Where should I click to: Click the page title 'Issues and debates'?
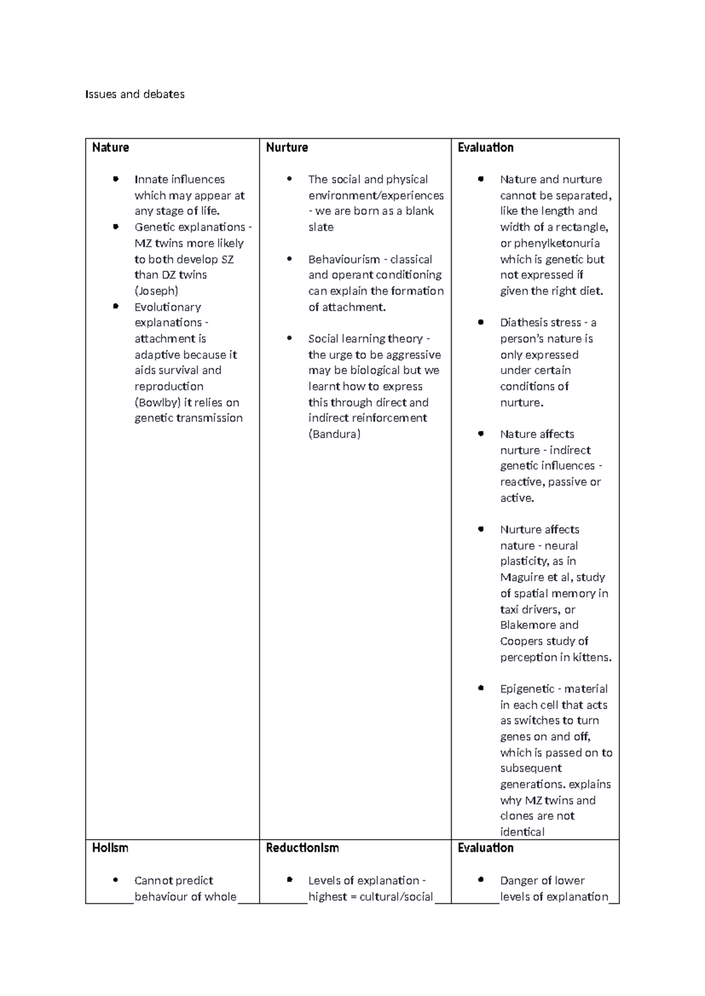click(135, 94)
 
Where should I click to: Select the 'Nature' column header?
click(110, 147)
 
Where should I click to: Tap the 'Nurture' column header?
click(287, 147)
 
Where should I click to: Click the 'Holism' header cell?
click(110, 847)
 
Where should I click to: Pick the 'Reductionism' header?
click(302, 847)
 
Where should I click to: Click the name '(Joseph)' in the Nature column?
click(156, 291)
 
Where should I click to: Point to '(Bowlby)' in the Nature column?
click(157, 402)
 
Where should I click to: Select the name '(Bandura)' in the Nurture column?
click(334, 434)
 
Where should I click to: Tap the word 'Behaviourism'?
click(344, 259)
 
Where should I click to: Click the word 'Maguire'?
click(522, 577)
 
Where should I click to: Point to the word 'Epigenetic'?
click(527, 688)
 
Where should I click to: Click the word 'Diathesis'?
click(524, 322)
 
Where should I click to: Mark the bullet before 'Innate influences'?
click(116, 179)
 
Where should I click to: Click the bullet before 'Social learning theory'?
click(290, 338)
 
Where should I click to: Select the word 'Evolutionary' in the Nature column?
click(167, 307)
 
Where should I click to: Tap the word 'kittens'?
click(593, 657)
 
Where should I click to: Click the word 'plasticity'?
click(524, 561)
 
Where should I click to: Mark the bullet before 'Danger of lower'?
click(481, 879)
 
